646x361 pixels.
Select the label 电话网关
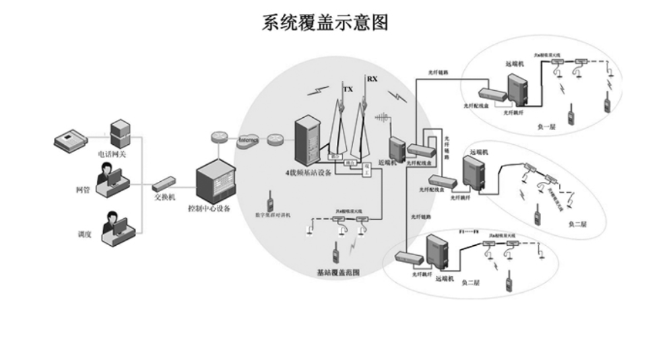(112, 154)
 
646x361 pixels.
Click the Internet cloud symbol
(249, 139)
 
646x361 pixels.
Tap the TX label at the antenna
(348, 89)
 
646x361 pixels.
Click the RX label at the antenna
(372, 79)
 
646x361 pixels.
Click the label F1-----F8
(470, 232)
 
